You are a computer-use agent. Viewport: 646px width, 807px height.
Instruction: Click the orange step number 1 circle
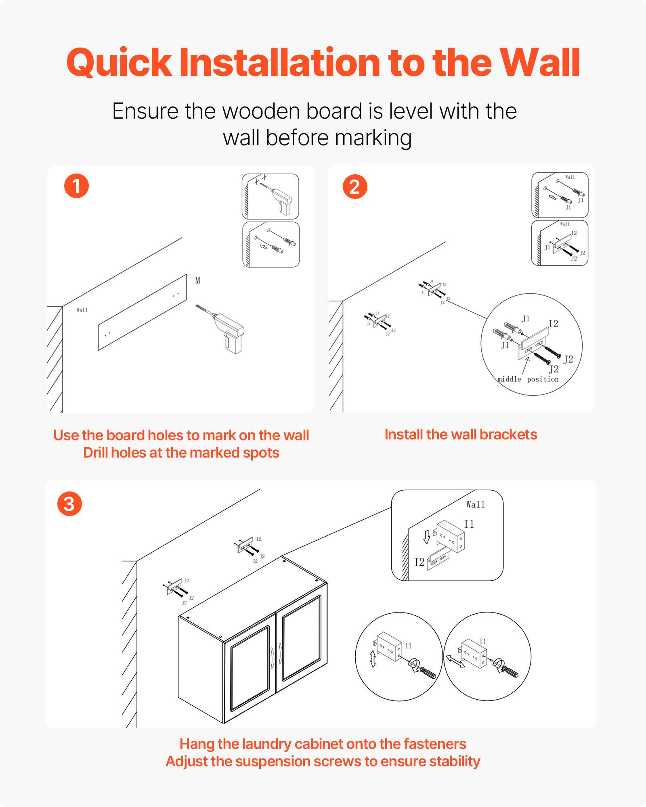coord(76,186)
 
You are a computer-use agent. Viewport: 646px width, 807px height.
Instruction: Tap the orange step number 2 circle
coord(354,186)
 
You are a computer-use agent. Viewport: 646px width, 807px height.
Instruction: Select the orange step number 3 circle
coord(69,504)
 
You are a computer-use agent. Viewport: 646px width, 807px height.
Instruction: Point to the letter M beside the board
coord(198,280)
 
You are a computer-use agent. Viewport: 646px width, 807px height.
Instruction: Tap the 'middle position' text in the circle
coord(528,379)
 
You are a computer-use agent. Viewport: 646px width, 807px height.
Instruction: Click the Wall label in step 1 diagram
coord(82,310)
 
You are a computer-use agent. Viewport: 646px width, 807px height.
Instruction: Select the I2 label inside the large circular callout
coord(553,324)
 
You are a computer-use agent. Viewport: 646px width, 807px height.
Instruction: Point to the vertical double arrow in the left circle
coord(373,659)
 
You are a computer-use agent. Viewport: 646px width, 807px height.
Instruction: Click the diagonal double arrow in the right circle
coord(455,661)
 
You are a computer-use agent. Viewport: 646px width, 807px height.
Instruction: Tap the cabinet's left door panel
coord(250,668)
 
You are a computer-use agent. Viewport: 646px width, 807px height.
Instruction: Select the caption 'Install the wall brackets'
coord(461,435)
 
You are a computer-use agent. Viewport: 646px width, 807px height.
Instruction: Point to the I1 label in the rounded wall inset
coord(469,524)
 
